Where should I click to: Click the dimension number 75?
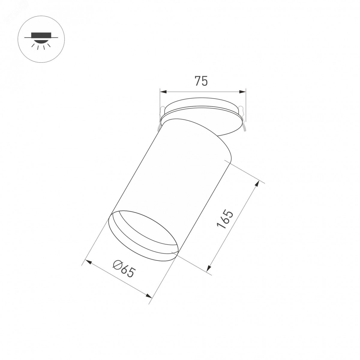tap(201, 81)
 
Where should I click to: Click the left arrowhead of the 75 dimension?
tap(163, 91)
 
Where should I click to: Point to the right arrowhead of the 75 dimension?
tap(242, 91)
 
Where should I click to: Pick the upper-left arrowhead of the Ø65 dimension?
tap(88, 262)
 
